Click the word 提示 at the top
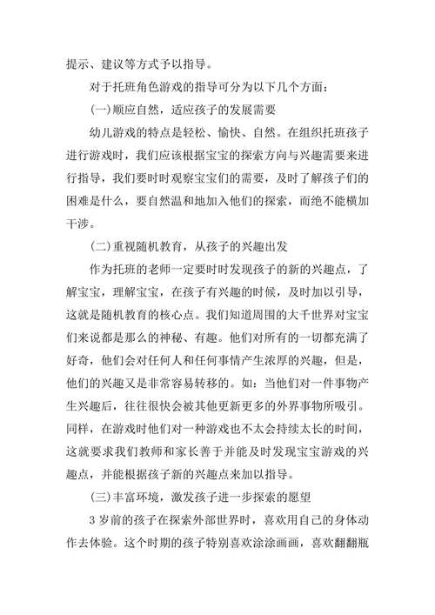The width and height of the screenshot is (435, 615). point(79,63)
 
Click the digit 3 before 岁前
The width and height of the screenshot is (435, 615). point(93,522)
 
